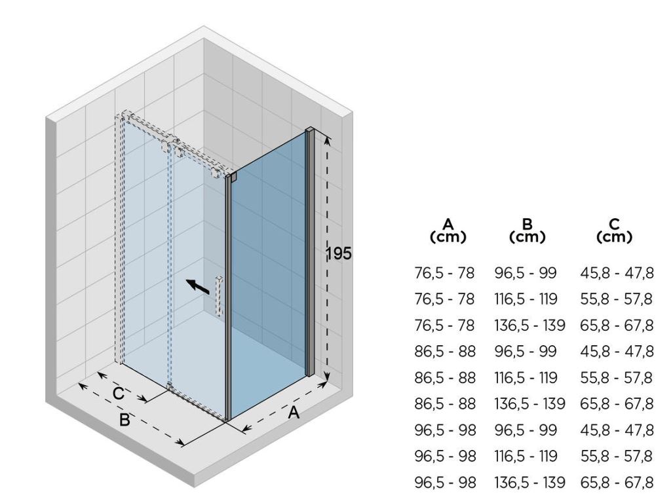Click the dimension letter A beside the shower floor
tap(294, 413)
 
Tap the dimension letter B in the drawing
tap(125, 420)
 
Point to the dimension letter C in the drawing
tap(119, 394)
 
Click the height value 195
tap(338, 253)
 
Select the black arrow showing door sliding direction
tap(198, 287)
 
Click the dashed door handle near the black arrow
tap(220, 296)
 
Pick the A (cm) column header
tap(448, 231)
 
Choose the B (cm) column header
tap(527, 231)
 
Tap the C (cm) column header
tap(614, 231)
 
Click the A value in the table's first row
tap(445, 273)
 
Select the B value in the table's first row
tap(526, 273)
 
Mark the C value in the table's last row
tap(617, 483)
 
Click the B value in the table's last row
tap(529, 483)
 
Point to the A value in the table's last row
tap(445, 483)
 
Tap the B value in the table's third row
tap(529, 326)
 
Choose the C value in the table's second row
tap(617, 299)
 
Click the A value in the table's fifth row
tap(445, 378)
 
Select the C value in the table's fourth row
tap(617, 352)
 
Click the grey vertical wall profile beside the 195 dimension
tap(310, 252)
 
